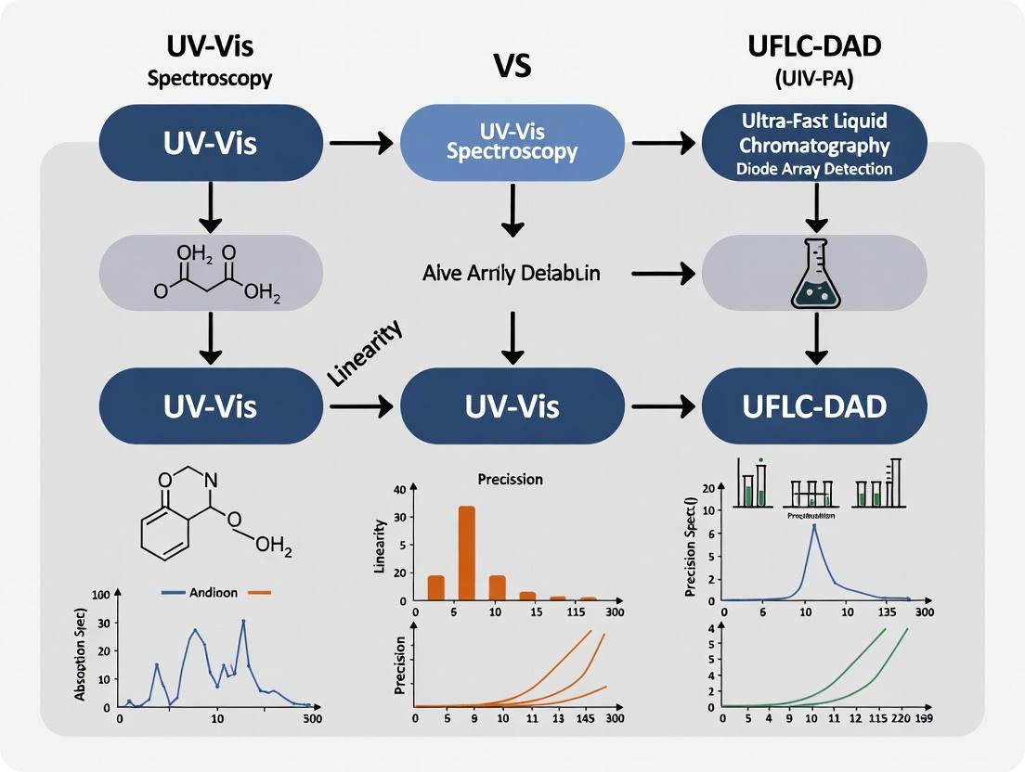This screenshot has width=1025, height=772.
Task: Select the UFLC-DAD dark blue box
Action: tap(814, 406)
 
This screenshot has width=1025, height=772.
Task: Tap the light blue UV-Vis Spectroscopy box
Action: tap(512, 142)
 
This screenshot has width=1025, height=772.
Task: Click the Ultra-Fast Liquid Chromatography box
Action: tap(814, 142)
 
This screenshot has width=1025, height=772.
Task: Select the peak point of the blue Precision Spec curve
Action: tap(814, 526)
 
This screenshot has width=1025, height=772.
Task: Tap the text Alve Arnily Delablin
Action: tap(511, 273)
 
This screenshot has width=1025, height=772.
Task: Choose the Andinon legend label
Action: tap(214, 591)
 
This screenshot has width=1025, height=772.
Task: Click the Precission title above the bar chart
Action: tap(510, 480)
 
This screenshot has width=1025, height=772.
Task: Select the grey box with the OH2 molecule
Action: tap(211, 272)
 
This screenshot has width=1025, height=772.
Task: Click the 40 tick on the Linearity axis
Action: tap(400, 490)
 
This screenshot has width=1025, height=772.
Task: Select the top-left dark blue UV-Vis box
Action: tap(211, 142)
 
